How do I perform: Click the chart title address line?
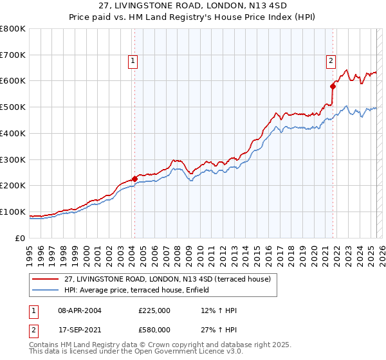[x=193, y=6]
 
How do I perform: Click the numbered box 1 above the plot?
[x=132, y=61]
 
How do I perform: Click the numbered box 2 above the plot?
[x=331, y=61]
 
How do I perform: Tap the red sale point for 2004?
[x=134, y=179]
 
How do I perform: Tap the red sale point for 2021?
[x=333, y=85]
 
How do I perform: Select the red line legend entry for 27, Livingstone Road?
[x=167, y=279]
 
